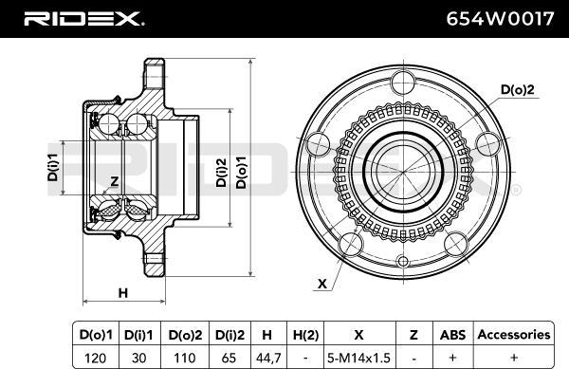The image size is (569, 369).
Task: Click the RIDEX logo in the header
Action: click(x=83, y=19)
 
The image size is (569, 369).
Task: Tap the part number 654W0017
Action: click(x=500, y=19)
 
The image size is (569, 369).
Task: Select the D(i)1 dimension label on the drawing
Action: click(x=53, y=167)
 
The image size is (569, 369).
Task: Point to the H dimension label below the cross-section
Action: click(x=123, y=292)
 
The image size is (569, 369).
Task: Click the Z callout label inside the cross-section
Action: click(x=115, y=181)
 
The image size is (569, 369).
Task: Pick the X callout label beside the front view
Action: click(x=321, y=284)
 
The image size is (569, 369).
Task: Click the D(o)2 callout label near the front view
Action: click(x=518, y=89)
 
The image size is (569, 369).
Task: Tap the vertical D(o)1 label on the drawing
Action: click(x=241, y=173)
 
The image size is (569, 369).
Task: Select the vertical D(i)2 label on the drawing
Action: click(x=221, y=173)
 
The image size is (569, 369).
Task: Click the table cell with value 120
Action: click(x=96, y=359)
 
